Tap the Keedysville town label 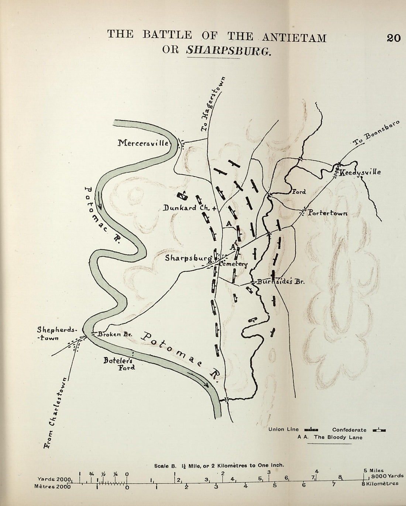click(360, 172)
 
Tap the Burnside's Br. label click(280, 282)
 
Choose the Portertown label click(327, 213)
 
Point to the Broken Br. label click(110, 334)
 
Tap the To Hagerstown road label click(213, 105)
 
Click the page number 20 click(393, 38)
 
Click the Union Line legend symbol click(312, 430)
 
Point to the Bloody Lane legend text click(330, 437)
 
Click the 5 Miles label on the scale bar click(373, 470)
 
